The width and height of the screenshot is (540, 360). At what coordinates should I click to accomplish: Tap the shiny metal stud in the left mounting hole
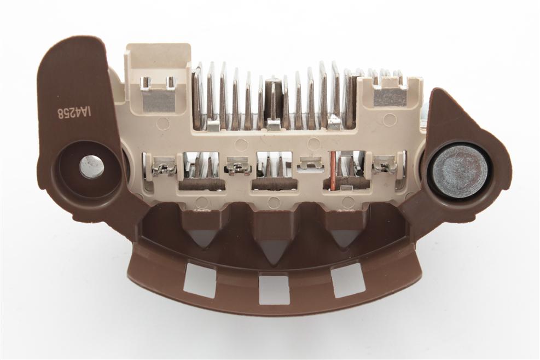tap(91, 167)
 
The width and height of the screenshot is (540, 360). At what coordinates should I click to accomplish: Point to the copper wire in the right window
tap(333, 171)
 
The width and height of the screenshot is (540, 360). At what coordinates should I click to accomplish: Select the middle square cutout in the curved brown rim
tap(274, 289)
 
